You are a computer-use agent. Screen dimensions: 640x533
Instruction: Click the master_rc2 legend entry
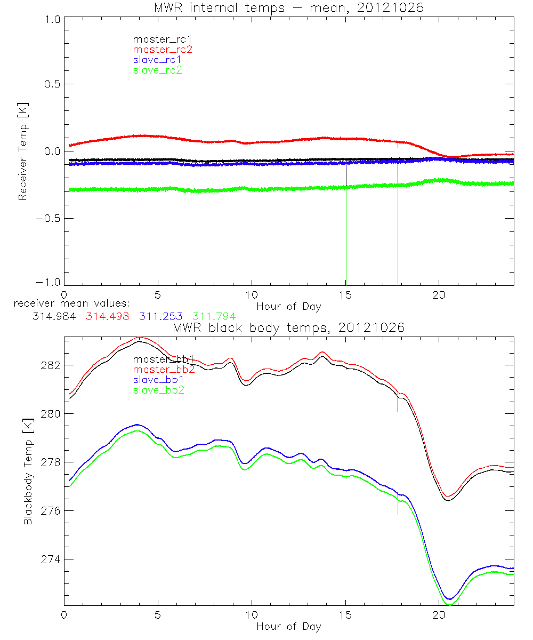point(163,50)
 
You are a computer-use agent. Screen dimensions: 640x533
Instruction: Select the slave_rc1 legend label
point(157,60)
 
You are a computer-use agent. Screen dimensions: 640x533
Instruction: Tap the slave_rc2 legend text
point(157,70)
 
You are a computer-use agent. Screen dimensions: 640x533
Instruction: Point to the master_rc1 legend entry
point(161,39)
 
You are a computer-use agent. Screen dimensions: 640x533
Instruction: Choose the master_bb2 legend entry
point(164,370)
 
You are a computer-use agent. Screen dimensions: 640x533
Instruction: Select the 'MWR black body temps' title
point(288,327)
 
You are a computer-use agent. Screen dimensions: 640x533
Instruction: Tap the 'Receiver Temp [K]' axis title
point(22,151)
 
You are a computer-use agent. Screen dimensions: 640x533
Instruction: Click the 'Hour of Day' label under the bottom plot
point(289,626)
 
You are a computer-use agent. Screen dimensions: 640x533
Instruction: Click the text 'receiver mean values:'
point(68,304)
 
